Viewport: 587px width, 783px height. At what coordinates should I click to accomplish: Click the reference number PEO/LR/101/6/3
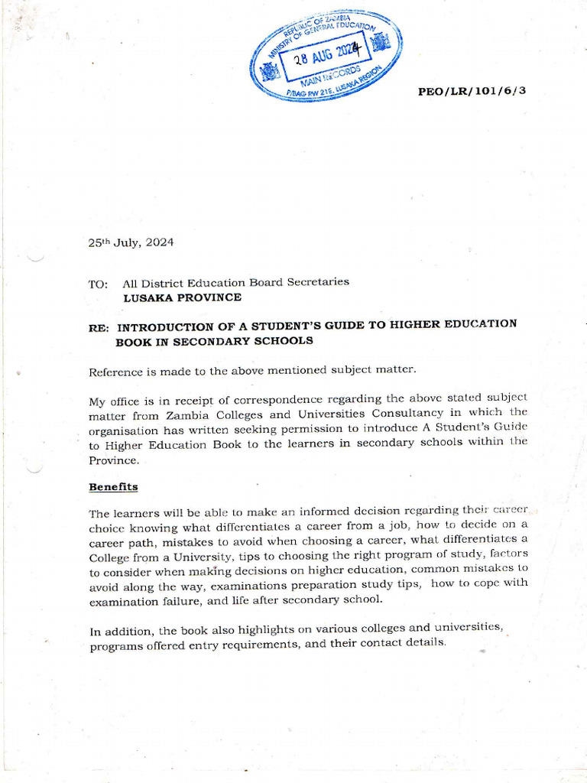(x=472, y=91)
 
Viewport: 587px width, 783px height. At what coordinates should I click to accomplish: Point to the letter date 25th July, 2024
(x=131, y=242)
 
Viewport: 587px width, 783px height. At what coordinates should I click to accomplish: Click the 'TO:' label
(x=98, y=284)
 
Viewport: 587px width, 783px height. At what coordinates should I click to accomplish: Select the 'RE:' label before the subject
(x=99, y=327)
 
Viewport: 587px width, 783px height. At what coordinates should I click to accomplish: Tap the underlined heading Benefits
(x=113, y=486)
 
